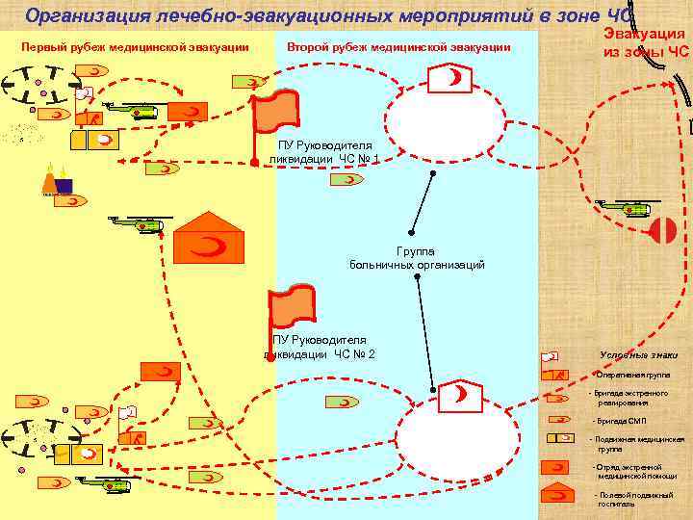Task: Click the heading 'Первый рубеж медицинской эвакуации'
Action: click(135, 48)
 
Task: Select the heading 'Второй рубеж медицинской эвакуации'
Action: click(398, 48)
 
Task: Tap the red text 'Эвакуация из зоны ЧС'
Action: click(646, 43)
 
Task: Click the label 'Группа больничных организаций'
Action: click(416, 258)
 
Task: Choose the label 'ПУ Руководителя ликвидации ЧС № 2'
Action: click(321, 347)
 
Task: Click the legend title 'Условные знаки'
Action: click(638, 354)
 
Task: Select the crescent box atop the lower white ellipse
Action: click(459, 394)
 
